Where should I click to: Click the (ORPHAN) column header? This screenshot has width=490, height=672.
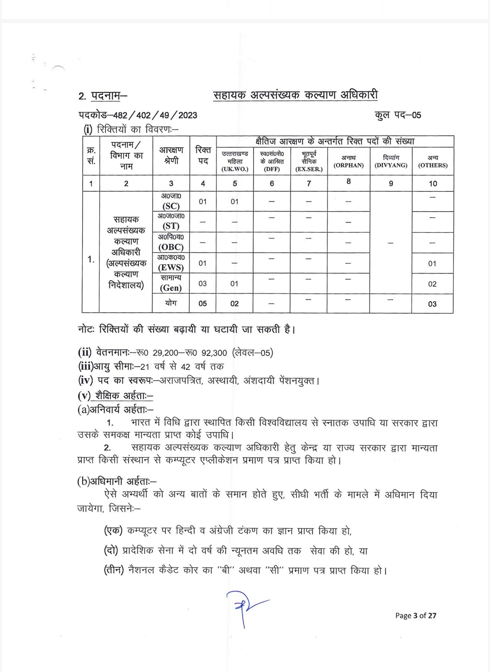click(348, 165)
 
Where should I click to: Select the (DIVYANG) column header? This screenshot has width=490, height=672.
click(391, 165)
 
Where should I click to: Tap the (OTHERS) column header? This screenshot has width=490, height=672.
click(433, 165)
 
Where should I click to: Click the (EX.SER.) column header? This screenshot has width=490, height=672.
click(309, 169)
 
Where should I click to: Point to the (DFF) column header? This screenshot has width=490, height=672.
click(272, 169)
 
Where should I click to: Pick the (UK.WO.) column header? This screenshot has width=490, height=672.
click(235, 169)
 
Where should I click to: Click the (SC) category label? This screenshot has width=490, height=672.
click(171, 206)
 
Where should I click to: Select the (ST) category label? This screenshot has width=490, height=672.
click(171, 226)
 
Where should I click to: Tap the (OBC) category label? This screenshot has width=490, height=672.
click(171, 247)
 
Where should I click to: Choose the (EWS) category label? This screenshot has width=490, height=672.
click(171, 267)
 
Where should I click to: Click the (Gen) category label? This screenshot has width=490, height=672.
click(171, 287)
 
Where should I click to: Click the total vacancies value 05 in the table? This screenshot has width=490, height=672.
click(203, 303)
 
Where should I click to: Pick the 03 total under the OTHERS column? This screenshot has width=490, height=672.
click(432, 304)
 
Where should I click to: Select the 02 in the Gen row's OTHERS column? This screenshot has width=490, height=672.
click(432, 284)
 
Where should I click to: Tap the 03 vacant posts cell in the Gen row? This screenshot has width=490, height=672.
click(203, 283)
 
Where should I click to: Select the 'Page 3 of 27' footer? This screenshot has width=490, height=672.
click(416, 615)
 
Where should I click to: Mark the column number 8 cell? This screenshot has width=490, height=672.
click(348, 181)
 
